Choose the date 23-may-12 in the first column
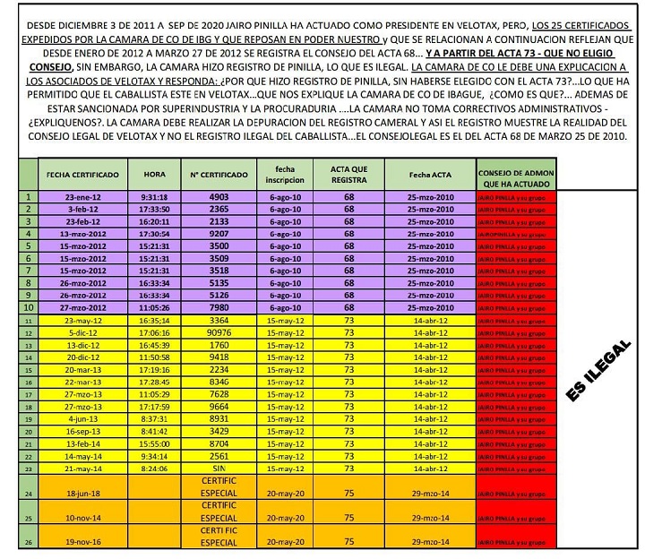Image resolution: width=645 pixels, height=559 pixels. [x=83, y=320]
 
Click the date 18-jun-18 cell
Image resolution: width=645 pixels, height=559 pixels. [x=83, y=493]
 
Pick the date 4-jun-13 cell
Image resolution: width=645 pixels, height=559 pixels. [x=83, y=417]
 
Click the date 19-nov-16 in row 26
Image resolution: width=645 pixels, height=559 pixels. [x=83, y=542]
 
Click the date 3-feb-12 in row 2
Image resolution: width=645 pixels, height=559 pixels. [x=83, y=208]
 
